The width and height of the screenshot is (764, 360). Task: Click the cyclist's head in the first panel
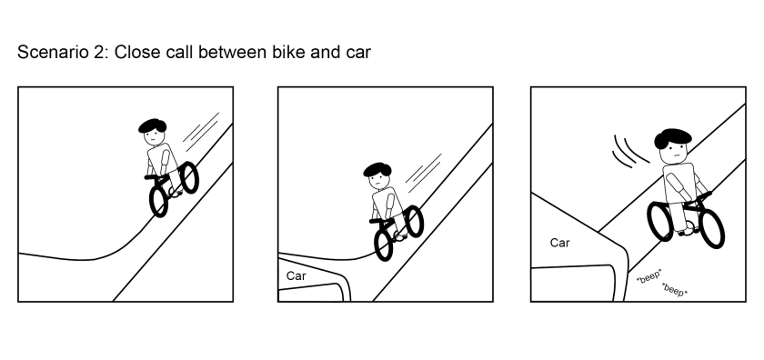[155, 132]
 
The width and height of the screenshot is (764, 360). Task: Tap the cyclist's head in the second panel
[377, 175]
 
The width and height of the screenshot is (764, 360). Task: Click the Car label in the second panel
[297, 275]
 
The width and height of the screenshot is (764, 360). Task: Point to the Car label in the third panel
[559, 243]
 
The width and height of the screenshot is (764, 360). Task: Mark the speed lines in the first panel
[202, 129]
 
